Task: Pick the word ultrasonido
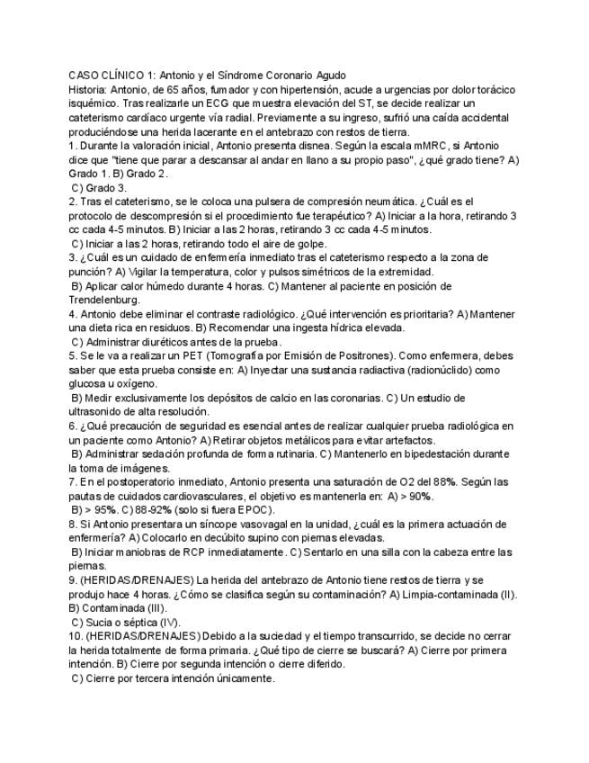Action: pos(98,412)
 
